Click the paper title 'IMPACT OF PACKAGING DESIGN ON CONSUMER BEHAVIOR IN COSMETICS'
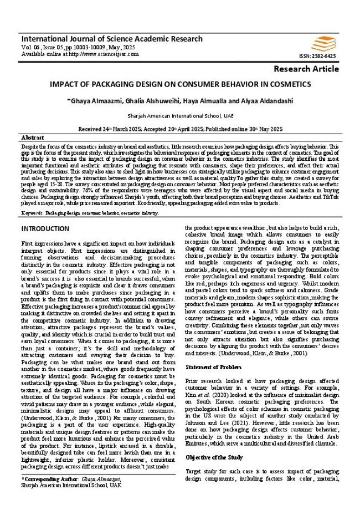(181, 85)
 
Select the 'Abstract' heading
(33, 137)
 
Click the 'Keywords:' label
(32, 212)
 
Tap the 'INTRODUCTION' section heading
(45, 228)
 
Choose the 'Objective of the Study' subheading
(214, 458)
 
